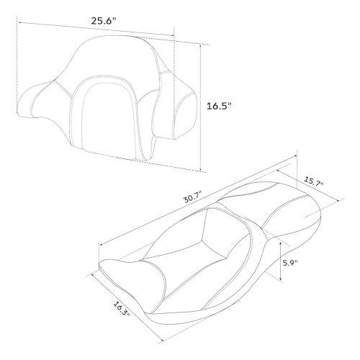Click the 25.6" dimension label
(x=104, y=21)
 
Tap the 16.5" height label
(x=219, y=106)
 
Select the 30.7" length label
(x=193, y=197)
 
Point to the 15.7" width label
(x=314, y=181)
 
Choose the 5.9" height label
(x=290, y=263)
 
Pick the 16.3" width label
(x=122, y=308)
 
